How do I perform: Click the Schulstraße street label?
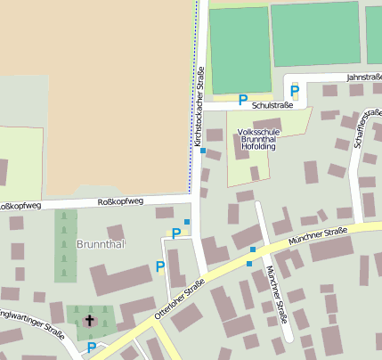pos(272,105)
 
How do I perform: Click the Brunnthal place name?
pos(100,243)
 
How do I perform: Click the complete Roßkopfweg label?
pos(119,202)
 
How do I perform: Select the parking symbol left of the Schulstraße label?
pos(242,101)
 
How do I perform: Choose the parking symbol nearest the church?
pos(91,348)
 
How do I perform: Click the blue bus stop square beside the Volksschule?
pos(203,151)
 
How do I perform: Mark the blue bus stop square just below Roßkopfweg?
pos(187,221)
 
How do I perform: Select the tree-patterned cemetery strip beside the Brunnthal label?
pos(66,246)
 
